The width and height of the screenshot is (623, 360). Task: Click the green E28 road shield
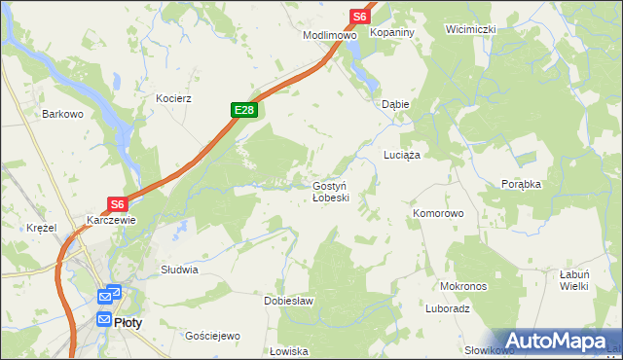(244, 111)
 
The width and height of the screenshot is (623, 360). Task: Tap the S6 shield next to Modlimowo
(360, 17)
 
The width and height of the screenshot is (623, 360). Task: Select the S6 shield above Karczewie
(118, 204)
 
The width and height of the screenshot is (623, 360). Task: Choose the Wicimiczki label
(471, 29)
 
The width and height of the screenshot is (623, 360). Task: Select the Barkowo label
(61, 114)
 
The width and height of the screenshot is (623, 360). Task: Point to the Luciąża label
(401, 156)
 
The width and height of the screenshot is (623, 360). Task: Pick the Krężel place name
(43, 228)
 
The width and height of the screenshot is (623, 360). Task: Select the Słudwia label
(180, 270)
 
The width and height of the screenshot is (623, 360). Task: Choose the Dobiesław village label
(289, 301)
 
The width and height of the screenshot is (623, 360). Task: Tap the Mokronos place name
(463, 287)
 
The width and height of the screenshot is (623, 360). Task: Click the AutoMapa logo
(558, 341)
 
